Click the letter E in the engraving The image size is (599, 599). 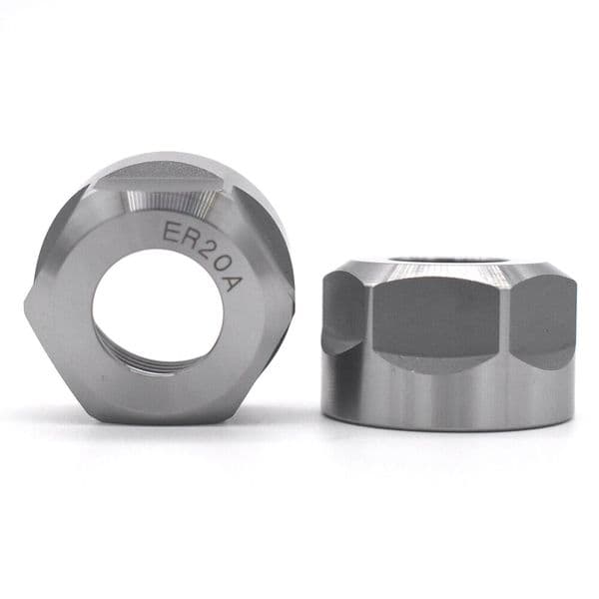pos(169,231)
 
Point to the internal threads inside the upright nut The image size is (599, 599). pos(150,366)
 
